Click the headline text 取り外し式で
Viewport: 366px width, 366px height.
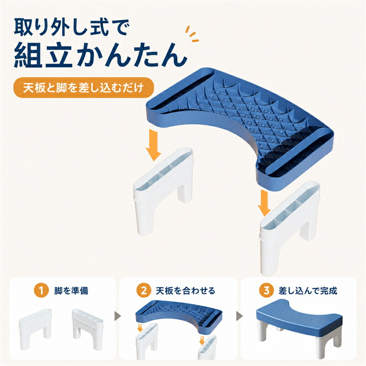[x=72, y=27]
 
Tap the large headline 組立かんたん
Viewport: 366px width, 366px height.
[x=101, y=55]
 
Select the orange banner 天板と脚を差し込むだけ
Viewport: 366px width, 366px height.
[x=84, y=87]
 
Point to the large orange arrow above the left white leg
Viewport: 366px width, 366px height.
[x=153, y=145]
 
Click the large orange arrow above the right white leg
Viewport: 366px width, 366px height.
[x=264, y=203]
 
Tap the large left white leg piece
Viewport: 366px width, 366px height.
[x=163, y=190]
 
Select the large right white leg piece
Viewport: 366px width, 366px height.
[x=290, y=227]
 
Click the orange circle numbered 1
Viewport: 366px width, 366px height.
[x=41, y=291]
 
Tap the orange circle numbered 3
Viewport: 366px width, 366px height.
[x=266, y=291]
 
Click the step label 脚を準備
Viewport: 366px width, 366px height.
[x=71, y=291]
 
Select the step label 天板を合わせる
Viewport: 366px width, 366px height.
[x=185, y=291]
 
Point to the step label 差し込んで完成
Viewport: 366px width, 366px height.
[x=308, y=291]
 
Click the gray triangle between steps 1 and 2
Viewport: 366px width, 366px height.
[x=118, y=317]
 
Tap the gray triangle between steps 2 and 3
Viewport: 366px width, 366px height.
[x=240, y=317]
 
